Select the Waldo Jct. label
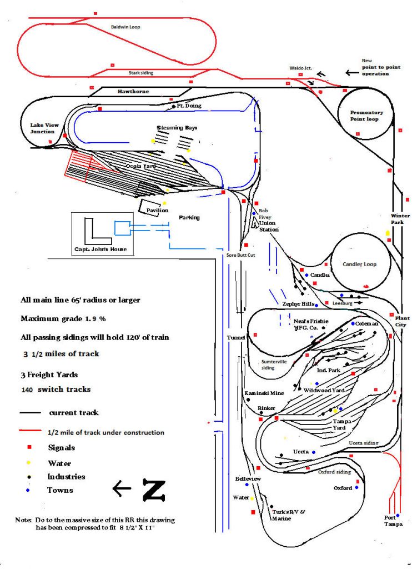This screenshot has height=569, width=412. (x=301, y=68)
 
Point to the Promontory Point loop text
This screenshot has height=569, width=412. (x=366, y=115)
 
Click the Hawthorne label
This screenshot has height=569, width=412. (x=133, y=91)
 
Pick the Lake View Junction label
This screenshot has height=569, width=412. (x=44, y=128)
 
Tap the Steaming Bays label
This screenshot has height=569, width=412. (x=177, y=128)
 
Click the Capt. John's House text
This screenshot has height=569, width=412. (x=101, y=249)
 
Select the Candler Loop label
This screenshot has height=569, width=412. (x=359, y=264)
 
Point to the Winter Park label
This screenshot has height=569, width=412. (x=400, y=219)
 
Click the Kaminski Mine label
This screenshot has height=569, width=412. (x=264, y=393)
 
